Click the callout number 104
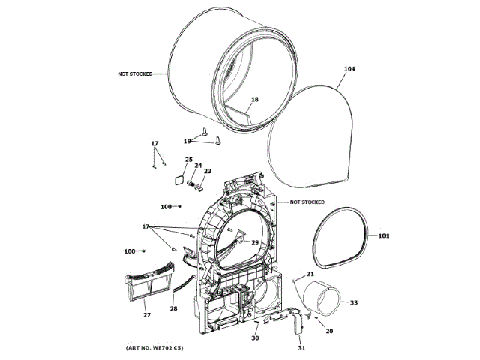pyautogui.click(x=349, y=69)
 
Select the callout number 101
pyautogui.click(x=383, y=236)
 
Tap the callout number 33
pyautogui.click(x=354, y=302)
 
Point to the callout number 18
pyautogui.click(x=254, y=100)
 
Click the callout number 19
pyautogui.click(x=187, y=140)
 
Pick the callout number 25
pyautogui.click(x=189, y=160)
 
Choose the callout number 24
pyautogui.click(x=199, y=166)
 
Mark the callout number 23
pyautogui.click(x=208, y=172)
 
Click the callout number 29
pyautogui.click(x=254, y=242)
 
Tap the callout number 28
pyautogui.click(x=173, y=308)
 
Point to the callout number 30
pyautogui.click(x=254, y=338)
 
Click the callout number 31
pyautogui.click(x=302, y=348)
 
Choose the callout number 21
pyautogui.click(x=310, y=274)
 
